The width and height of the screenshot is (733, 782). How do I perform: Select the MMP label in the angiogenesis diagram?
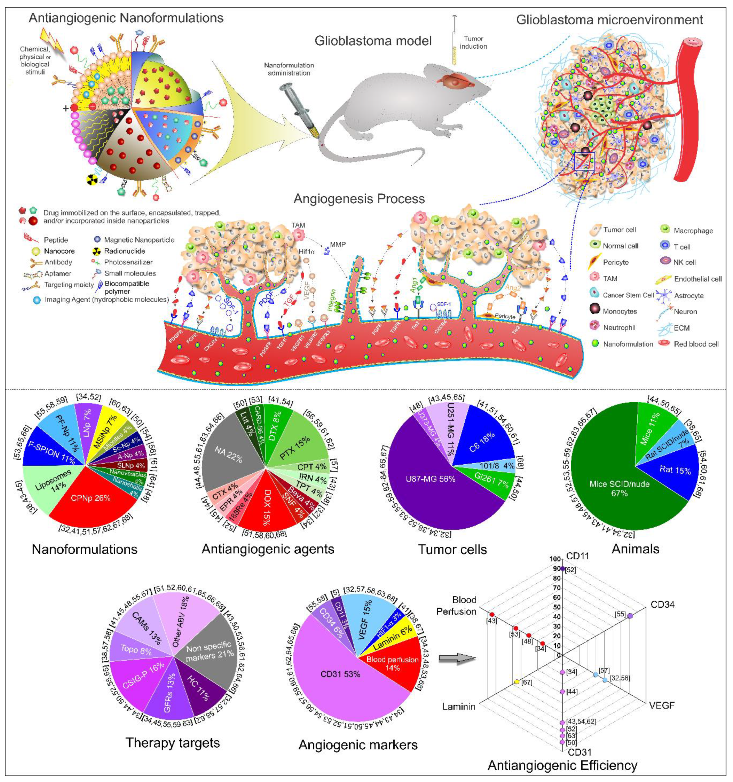pos(338,244)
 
